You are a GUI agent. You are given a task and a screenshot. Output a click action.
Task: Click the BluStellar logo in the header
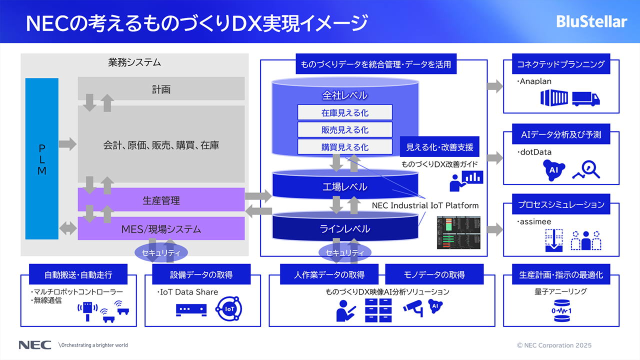pos(591,22)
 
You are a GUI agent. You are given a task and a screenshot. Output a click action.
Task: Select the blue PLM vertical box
pos(42,158)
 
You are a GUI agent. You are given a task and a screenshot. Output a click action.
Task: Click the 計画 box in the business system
pos(161,89)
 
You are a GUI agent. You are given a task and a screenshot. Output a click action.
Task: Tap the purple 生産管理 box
pos(161,200)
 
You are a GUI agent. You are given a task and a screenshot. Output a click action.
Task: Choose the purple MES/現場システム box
pos(161,229)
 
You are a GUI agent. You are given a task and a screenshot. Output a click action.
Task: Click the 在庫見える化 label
pos(344,112)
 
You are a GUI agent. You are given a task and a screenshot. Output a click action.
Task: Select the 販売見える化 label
pos(344,129)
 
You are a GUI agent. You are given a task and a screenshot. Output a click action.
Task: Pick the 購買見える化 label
pos(344,147)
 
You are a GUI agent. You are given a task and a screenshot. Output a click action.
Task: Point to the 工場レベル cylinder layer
pos(344,187)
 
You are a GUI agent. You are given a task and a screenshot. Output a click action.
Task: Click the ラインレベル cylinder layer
pos(344,228)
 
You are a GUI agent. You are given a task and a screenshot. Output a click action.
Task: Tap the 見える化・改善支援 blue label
pos(439,147)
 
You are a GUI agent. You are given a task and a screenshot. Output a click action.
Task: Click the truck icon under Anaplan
pos(585,98)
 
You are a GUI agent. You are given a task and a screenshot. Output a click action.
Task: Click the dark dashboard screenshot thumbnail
pos(458,233)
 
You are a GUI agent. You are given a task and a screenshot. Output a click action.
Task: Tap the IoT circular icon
pos(229,309)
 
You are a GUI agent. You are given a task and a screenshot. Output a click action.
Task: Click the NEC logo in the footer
pos(34,345)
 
